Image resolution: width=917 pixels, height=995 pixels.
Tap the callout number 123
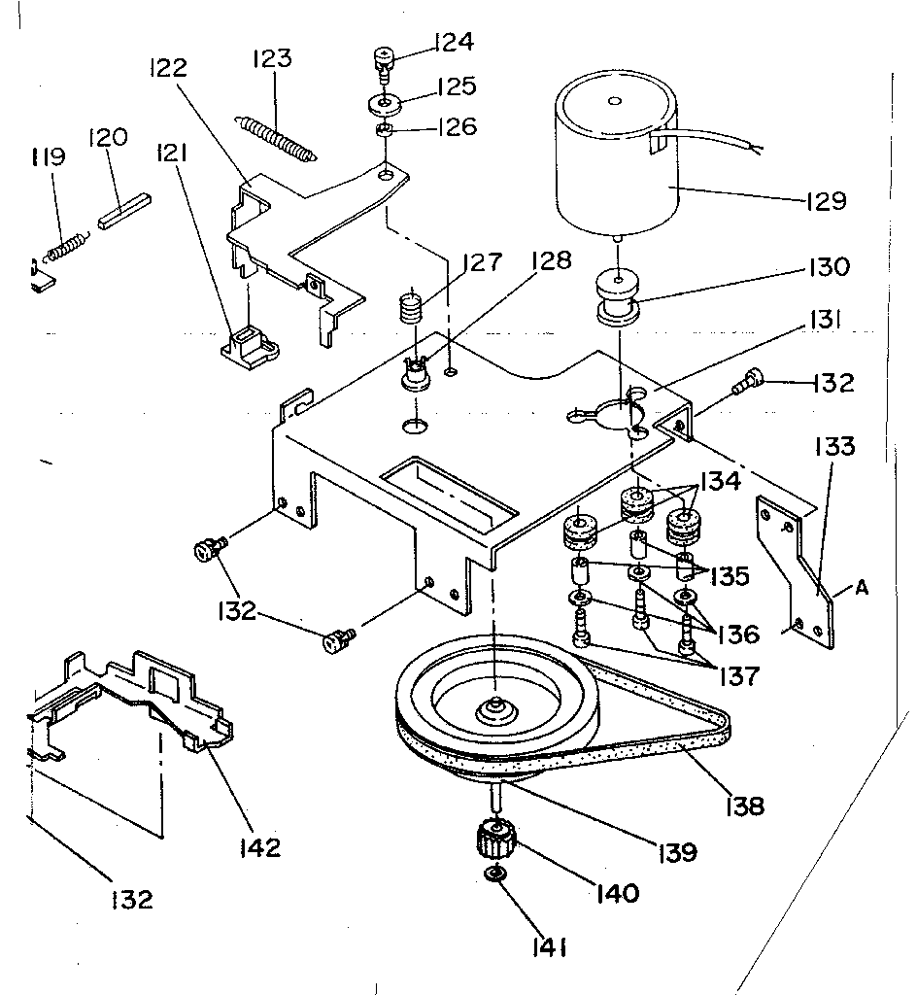(x=271, y=59)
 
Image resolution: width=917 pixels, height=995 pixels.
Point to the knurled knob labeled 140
(x=495, y=838)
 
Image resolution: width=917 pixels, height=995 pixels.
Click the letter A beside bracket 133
(x=861, y=588)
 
